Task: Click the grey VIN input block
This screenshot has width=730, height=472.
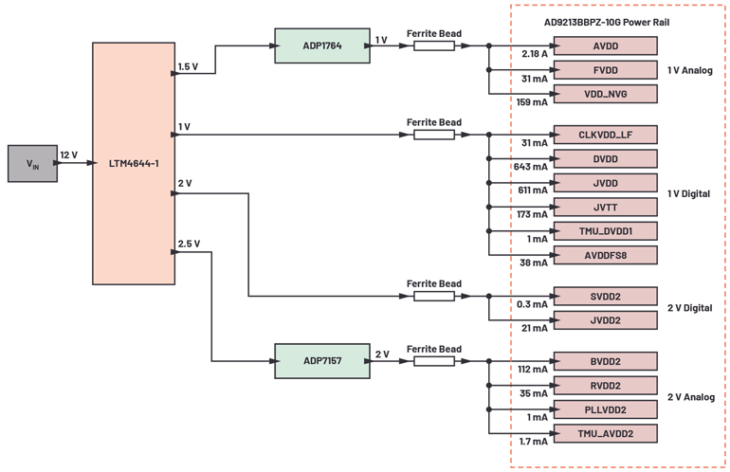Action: coord(32,164)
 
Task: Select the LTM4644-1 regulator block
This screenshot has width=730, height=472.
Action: coord(133,163)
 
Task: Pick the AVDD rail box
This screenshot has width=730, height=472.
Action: coord(604,45)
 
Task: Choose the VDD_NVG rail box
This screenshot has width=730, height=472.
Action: coord(604,93)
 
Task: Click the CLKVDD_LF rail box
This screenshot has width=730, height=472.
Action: coord(604,136)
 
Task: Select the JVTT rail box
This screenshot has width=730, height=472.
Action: coord(604,207)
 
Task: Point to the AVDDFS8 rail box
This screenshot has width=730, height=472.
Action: coord(604,254)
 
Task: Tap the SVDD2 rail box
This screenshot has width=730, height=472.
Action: coord(604,297)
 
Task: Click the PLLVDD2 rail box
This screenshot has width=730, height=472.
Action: coord(604,409)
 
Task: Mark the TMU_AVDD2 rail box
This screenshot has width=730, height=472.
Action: coord(604,433)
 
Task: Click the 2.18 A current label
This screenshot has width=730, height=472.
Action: coord(534,54)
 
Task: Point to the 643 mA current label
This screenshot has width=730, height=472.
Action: coord(531,167)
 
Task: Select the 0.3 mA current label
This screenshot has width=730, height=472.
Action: coord(531,304)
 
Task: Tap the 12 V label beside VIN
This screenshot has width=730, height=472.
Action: coord(69,154)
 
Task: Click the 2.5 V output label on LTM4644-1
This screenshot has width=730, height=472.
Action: coord(190,244)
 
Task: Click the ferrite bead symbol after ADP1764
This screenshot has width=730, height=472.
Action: coord(433,45)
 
